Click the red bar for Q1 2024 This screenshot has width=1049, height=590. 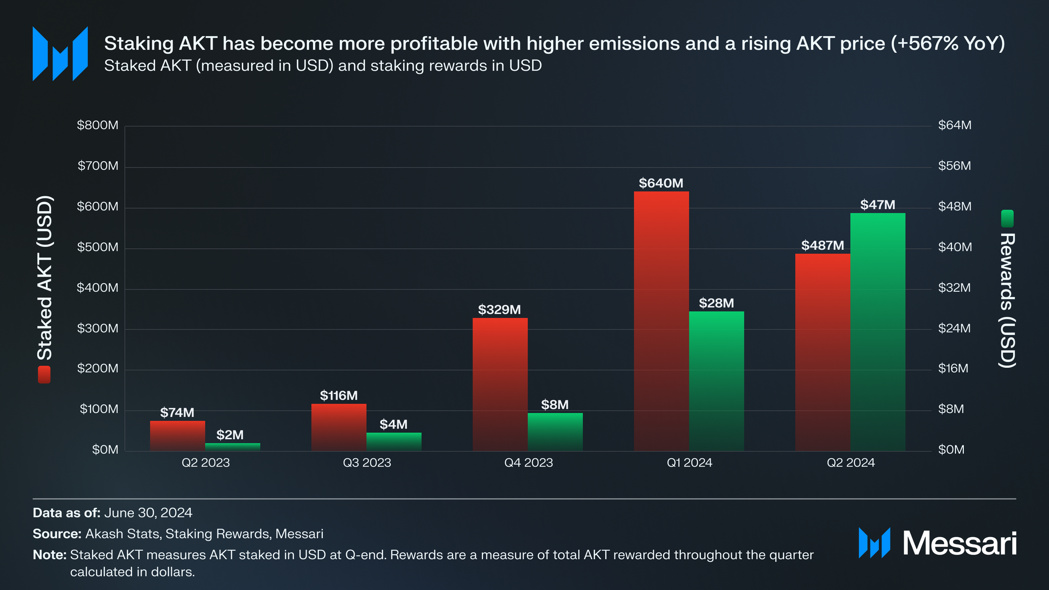pos(661,321)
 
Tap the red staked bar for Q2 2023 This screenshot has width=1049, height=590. pos(177,436)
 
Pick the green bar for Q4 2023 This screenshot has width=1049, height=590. pos(555,432)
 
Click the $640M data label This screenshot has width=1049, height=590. pos(661,183)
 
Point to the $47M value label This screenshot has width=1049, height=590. pos(878,205)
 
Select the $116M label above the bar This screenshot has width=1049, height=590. pos(338,396)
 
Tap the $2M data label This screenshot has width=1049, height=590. pos(230,435)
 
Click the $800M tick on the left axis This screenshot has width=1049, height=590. pos(97,125)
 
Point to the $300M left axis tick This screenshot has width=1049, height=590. pos(97,328)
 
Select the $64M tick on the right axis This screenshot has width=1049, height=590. pos(954,125)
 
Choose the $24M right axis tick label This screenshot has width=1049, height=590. pos(954,328)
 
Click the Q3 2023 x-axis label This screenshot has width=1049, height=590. pos(367,463)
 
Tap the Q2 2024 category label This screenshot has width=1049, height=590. pos(851,463)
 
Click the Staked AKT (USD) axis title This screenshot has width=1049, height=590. pos(45,278)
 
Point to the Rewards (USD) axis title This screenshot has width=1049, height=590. pos(1007,300)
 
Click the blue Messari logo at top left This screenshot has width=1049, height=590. pos(60,53)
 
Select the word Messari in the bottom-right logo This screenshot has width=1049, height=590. pos(959,543)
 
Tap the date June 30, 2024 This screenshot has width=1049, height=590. pos(148,513)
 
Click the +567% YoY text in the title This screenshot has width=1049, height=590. pos(947,44)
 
